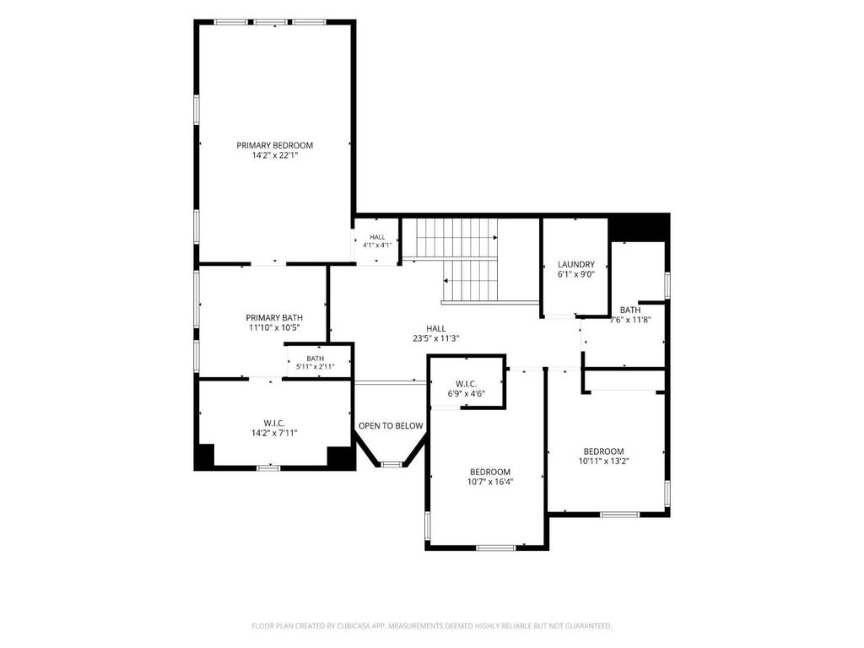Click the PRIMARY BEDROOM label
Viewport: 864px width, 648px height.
click(x=274, y=145)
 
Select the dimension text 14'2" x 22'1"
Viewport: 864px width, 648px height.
click(x=274, y=156)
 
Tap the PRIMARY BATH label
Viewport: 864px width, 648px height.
click(x=274, y=318)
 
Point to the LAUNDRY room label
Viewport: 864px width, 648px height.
click(x=575, y=264)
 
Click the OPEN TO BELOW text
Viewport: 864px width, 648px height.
click(x=391, y=426)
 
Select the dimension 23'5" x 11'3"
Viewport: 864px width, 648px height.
click(x=436, y=339)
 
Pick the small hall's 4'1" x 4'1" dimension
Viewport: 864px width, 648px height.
click(x=377, y=246)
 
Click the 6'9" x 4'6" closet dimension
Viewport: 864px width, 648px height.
click(x=466, y=394)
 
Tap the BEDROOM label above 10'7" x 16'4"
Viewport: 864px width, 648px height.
click(x=490, y=472)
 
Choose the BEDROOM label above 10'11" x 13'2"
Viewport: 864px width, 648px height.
click(x=604, y=452)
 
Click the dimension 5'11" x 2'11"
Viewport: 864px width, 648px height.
click(x=316, y=366)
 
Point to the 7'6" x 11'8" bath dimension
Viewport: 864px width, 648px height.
click(x=631, y=320)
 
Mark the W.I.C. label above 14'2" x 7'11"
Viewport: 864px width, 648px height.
click(x=274, y=424)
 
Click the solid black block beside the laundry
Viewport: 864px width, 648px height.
click(x=640, y=227)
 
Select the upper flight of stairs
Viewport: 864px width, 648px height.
click(x=456, y=237)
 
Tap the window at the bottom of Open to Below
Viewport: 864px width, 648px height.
click(x=391, y=465)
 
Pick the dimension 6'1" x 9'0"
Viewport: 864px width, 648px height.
click(x=575, y=274)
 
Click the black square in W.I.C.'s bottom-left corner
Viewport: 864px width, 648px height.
click(x=206, y=456)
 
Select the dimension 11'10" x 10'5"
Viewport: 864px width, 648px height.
click(x=274, y=328)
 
